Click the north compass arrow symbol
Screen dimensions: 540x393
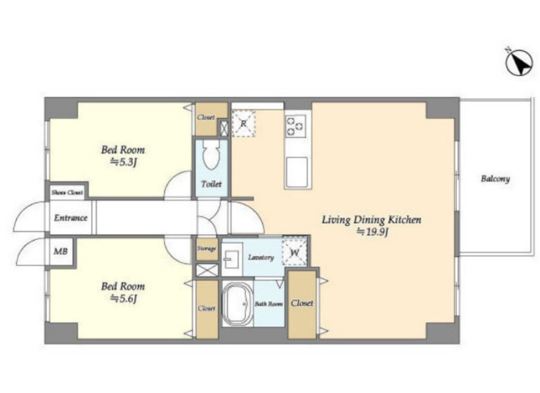[x=519, y=62]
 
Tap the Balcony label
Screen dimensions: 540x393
[x=495, y=179]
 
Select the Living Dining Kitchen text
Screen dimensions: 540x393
[x=371, y=220]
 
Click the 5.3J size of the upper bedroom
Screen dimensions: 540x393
[x=124, y=162]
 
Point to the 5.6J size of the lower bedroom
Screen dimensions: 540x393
[x=124, y=299]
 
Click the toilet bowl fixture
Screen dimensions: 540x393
[x=211, y=154]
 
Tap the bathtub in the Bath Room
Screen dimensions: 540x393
[x=238, y=304]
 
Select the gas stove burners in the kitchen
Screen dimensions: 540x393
[x=296, y=126]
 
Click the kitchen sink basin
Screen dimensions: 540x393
[x=296, y=173]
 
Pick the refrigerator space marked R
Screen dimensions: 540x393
[x=244, y=123]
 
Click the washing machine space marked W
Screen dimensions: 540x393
[x=294, y=253]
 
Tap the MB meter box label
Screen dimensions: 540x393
[x=60, y=251]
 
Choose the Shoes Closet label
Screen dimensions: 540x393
[x=67, y=192]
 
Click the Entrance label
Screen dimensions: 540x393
[x=71, y=218]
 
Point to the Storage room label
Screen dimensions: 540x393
[x=207, y=249]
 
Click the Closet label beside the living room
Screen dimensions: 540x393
[x=302, y=303]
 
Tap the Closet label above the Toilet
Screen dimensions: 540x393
[x=206, y=117]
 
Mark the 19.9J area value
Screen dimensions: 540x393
[x=372, y=232]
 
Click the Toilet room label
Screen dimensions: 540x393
[x=211, y=184]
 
